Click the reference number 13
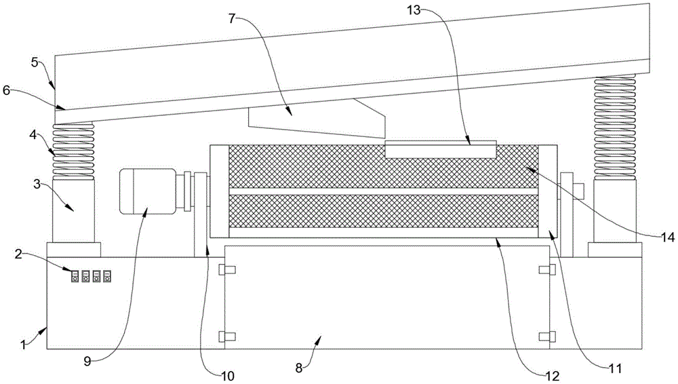(x=414, y=9)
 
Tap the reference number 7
(x=232, y=19)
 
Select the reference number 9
(x=87, y=362)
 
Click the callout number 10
(x=227, y=376)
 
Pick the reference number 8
(x=299, y=368)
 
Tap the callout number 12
(x=553, y=376)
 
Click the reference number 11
(x=615, y=368)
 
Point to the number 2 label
(x=18, y=254)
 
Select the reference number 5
(x=35, y=62)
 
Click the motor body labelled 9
(x=147, y=191)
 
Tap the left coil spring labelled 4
(x=73, y=151)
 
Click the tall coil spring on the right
(x=615, y=128)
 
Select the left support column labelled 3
(x=73, y=211)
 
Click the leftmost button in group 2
(x=75, y=276)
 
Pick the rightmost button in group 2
(x=107, y=276)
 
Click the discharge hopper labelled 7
(x=317, y=118)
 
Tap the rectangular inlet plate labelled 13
(x=441, y=149)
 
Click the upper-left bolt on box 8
(x=227, y=270)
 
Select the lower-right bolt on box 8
(x=547, y=337)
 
